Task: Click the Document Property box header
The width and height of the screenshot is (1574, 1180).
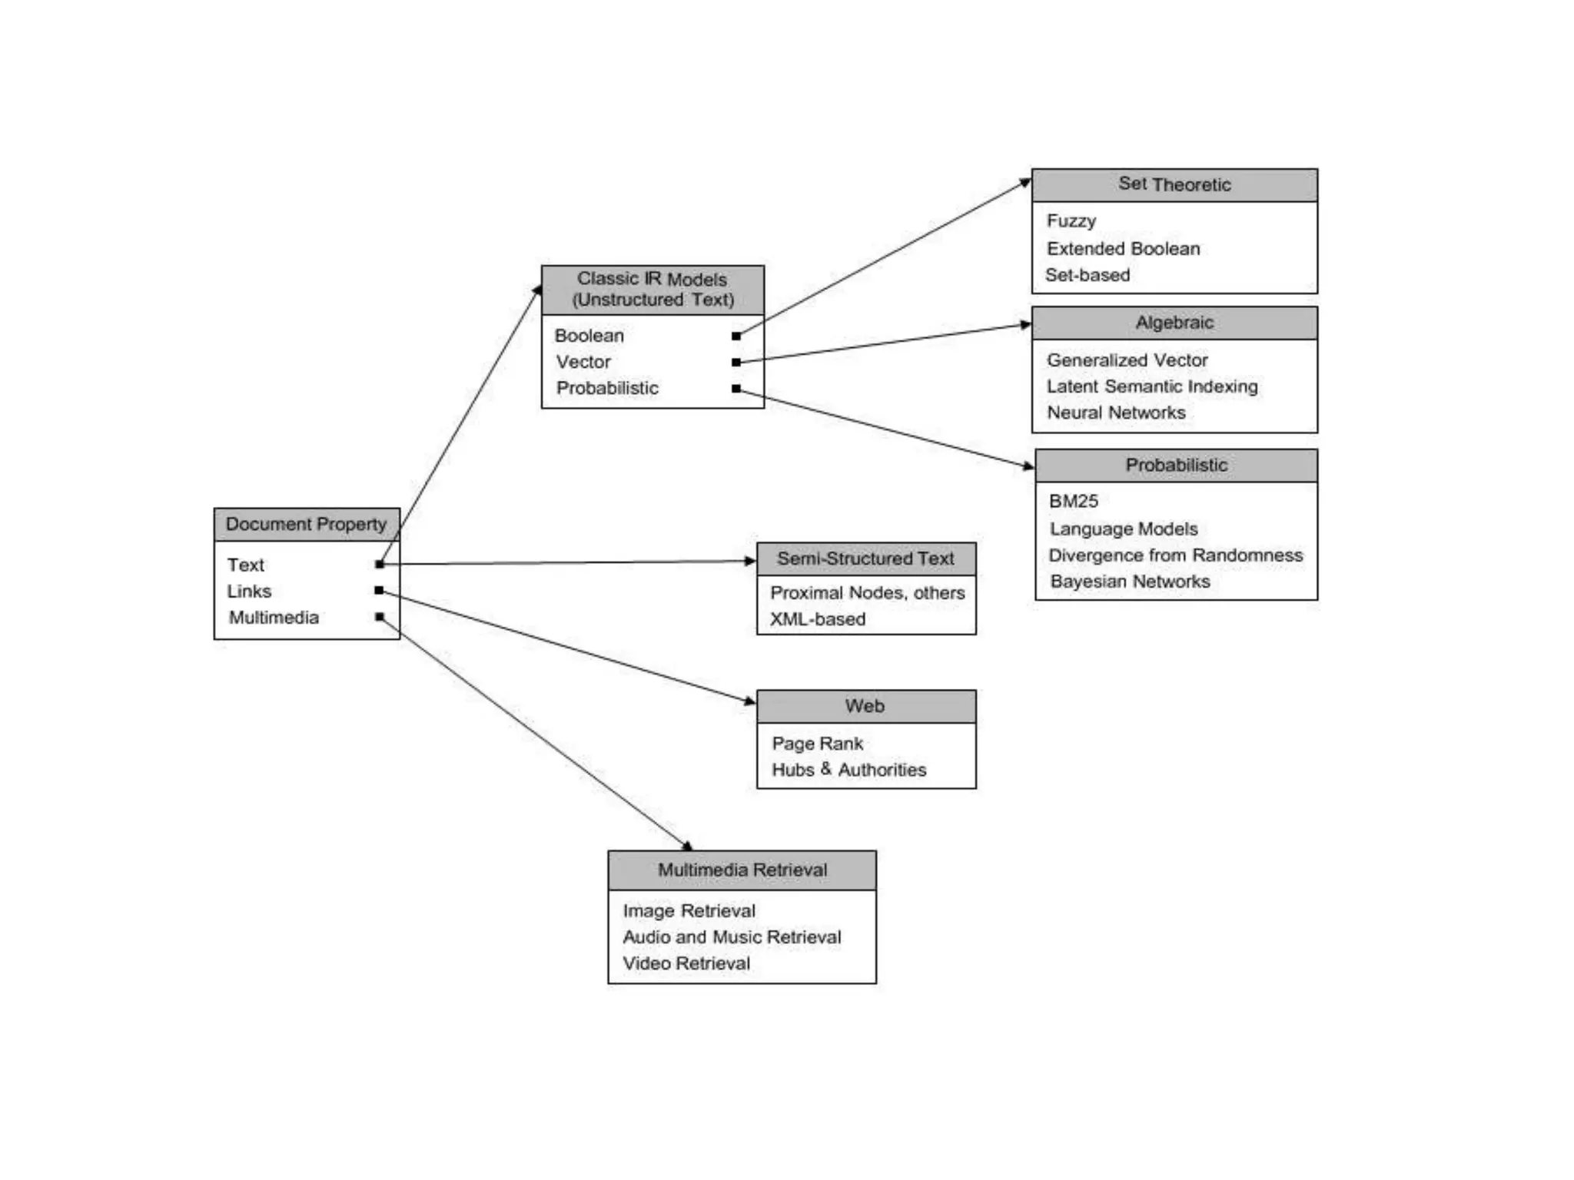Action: click(x=306, y=524)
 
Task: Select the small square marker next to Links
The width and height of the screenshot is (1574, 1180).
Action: click(x=379, y=590)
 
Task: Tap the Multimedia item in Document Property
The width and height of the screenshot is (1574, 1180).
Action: click(x=274, y=618)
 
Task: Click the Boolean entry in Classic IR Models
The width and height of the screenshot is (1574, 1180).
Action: click(x=589, y=336)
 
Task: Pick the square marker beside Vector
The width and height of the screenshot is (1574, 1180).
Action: click(x=736, y=362)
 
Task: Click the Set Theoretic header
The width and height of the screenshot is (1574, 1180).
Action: click(x=1174, y=184)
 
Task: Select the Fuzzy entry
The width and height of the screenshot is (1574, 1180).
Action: click(x=1071, y=221)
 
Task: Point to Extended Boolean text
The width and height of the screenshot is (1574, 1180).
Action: click(x=1122, y=249)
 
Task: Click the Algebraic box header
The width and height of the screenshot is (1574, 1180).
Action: click(x=1174, y=323)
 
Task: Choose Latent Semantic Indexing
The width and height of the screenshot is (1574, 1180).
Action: click(x=1151, y=386)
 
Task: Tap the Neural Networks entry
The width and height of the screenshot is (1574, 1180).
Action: click(x=1115, y=413)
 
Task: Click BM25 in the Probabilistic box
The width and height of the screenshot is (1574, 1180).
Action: click(x=1073, y=501)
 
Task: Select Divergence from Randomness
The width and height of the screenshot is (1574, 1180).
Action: click(x=1175, y=555)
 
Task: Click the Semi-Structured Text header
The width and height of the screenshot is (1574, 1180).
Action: click(x=865, y=559)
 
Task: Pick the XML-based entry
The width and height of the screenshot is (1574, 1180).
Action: click(x=817, y=619)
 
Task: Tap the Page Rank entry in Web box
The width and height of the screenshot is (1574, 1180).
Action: click(x=817, y=744)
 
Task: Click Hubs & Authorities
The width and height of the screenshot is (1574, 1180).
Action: click(x=848, y=770)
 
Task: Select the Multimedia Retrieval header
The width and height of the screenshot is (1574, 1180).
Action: click(x=742, y=870)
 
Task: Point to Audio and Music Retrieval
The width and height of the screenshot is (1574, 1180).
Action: click(x=731, y=937)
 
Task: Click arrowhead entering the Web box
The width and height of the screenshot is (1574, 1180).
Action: click(x=750, y=700)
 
